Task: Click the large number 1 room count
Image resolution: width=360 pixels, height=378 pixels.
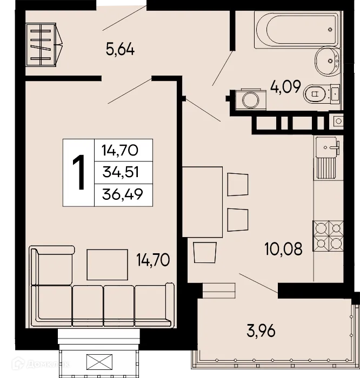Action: (79, 172)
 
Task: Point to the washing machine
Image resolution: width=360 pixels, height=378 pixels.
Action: (249, 100)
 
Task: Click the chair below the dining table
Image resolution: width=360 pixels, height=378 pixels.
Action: (204, 254)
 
